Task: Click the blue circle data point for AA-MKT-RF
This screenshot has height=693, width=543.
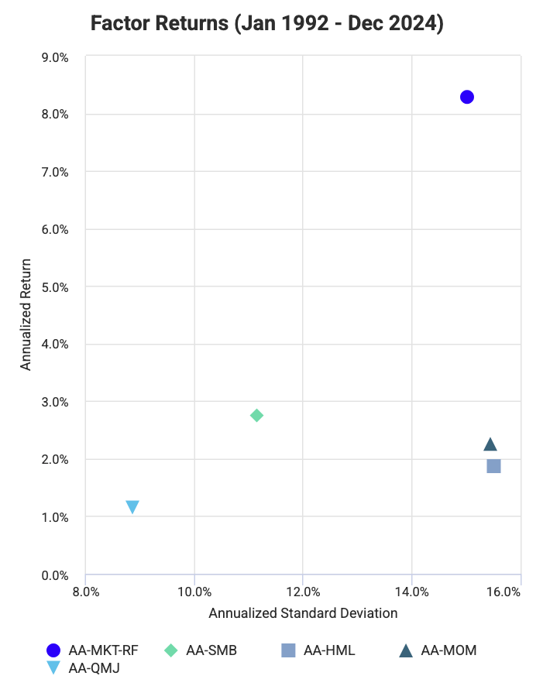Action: point(466,97)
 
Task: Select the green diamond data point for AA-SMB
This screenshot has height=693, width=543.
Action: point(257,416)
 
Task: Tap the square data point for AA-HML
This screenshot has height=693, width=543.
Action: point(493,465)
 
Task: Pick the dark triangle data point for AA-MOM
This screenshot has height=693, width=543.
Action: point(490,444)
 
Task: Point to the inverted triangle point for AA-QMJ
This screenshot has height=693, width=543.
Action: point(132,507)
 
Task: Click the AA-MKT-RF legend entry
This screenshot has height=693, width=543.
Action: point(94,650)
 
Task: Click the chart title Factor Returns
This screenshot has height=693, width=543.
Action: point(267,23)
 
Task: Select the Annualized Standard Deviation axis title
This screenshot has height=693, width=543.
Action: point(303,613)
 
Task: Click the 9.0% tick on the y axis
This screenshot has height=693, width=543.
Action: point(55,57)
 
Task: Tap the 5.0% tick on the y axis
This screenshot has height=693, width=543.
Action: point(55,287)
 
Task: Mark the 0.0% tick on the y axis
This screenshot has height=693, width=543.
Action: point(55,575)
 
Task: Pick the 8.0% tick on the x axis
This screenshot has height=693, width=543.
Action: point(85,592)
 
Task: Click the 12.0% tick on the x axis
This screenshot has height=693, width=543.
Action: point(303,592)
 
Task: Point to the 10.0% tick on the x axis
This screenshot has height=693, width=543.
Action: point(194,592)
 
